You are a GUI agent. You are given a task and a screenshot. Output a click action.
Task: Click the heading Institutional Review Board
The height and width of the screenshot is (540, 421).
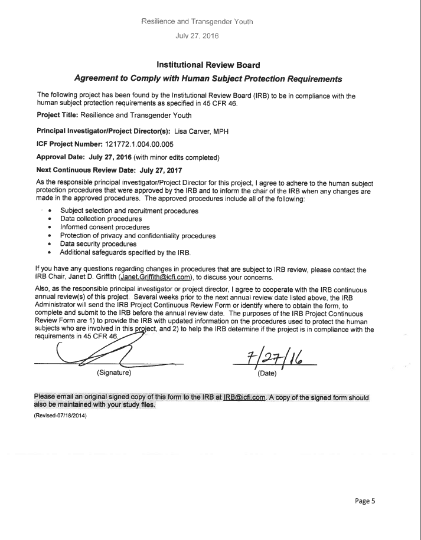(210, 63)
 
